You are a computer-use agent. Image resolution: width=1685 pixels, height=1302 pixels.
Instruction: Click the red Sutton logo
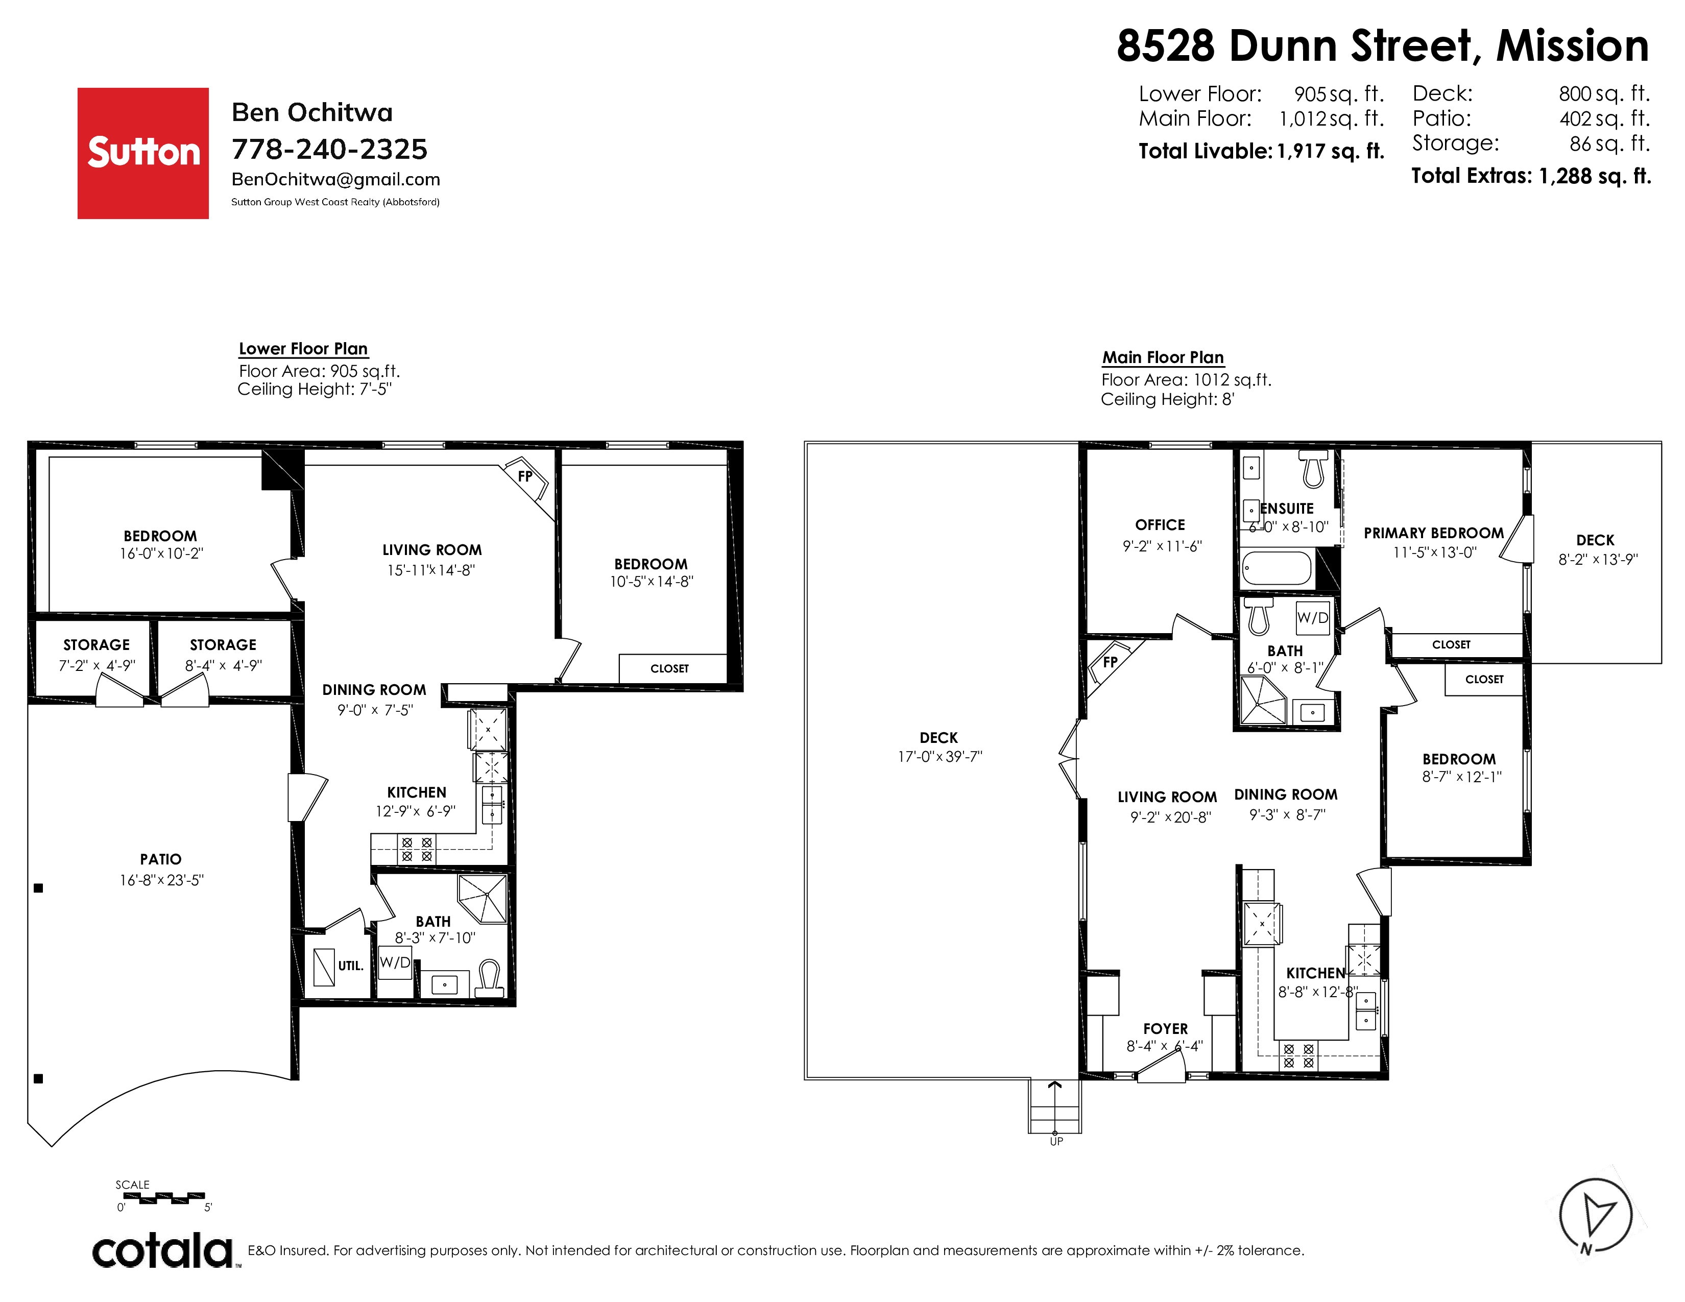pyautogui.click(x=143, y=153)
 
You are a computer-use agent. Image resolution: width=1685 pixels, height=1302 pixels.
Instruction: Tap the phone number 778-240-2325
pyautogui.click(x=329, y=149)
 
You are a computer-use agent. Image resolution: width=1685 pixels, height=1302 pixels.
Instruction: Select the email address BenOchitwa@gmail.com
pyautogui.click(x=335, y=180)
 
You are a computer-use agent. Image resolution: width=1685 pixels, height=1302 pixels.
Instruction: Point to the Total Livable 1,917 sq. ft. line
pyautogui.click(x=1261, y=151)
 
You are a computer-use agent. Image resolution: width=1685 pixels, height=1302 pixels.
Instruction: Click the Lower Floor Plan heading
pyautogui.click(x=303, y=349)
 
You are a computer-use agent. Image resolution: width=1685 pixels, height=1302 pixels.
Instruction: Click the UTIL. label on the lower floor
pyautogui.click(x=350, y=966)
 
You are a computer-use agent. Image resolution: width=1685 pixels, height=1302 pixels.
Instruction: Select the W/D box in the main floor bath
pyautogui.click(x=1312, y=617)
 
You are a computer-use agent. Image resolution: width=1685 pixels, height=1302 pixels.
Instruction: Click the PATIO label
pyautogui.click(x=160, y=859)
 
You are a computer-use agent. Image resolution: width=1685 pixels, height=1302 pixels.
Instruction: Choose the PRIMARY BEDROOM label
pyautogui.click(x=1433, y=533)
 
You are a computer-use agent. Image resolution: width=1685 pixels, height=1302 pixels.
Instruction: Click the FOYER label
pyautogui.click(x=1165, y=1029)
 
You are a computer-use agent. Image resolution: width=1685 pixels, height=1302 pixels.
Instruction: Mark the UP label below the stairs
pyautogui.click(x=1056, y=1142)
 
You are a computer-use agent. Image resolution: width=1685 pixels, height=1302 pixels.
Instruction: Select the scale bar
pyautogui.click(x=164, y=1198)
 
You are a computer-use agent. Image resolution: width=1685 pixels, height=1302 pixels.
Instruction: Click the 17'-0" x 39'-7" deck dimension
pyautogui.click(x=939, y=757)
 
